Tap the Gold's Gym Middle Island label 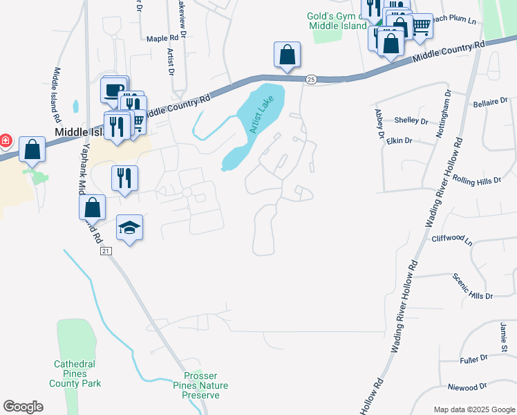tap(335, 21)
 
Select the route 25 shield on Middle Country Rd tap(311, 80)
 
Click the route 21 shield tap(105, 251)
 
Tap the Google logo tap(23, 407)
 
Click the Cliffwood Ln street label tap(451, 241)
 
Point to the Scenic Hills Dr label tap(473, 286)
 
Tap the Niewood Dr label tap(467, 387)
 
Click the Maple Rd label tap(162, 39)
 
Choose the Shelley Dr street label tap(411, 120)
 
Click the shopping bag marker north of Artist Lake tap(287, 55)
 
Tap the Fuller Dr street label tap(473, 360)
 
